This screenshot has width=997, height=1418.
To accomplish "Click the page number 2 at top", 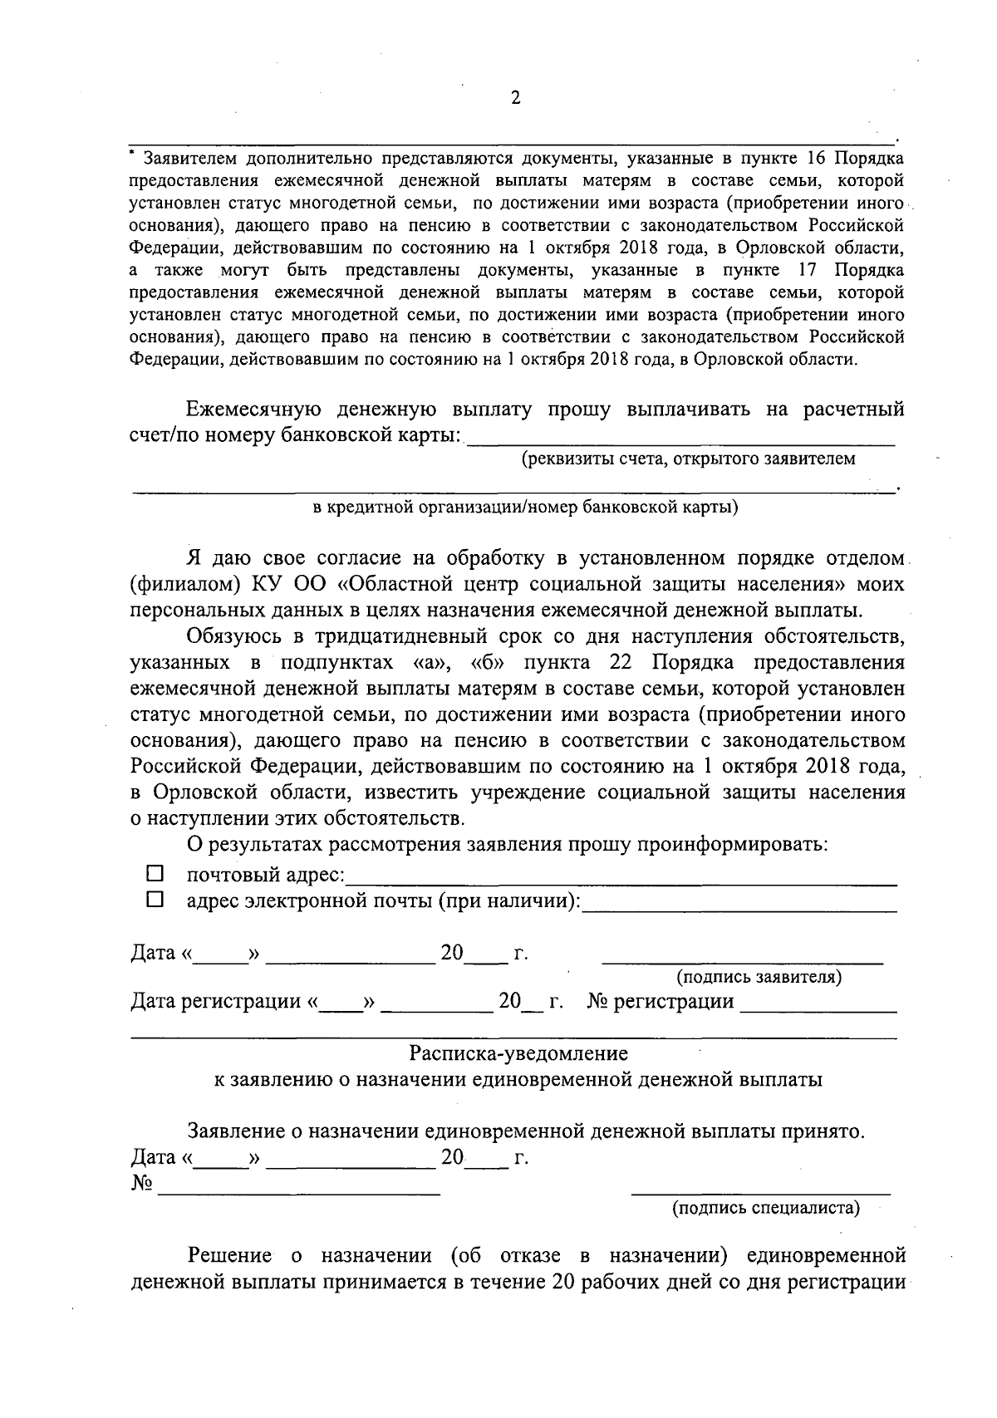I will pos(514,98).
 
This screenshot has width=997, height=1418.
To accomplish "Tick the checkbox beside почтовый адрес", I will pos(155,874).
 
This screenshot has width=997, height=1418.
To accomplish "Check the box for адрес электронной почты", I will pos(155,900).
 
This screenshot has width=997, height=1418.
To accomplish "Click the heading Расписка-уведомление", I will pos(518,1053).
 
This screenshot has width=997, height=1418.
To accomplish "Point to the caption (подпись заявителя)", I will pos(759,977).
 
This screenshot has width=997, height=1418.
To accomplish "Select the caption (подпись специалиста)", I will pos(765,1208).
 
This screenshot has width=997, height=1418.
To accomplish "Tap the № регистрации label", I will pos(661,1002).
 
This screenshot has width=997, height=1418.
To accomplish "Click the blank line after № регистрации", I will pos(818,1010).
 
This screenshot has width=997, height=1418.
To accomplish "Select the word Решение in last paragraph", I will pos(230,1255).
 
